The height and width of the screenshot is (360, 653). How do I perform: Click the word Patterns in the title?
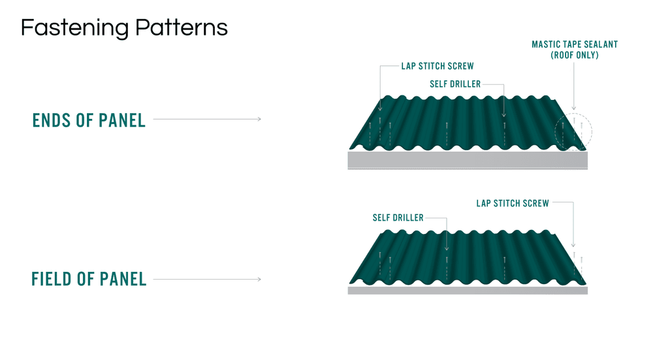pyautogui.click(x=181, y=27)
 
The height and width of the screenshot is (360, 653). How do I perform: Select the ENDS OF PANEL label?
pyautogui.click(x=89, y=120)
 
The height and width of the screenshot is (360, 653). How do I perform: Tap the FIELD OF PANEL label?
pyautogui.click(x=89, y=279)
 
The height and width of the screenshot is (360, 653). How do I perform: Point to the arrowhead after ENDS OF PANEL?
pyautogui.click(x=259, y=119)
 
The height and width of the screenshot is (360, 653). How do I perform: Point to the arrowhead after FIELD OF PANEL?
pyautogui.click(x=259, y=279)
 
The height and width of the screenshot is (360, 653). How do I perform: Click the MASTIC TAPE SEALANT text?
pyautogui.click(x=575, y=44)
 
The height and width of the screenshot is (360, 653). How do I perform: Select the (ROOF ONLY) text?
pyautogui.click(x=575, y=55)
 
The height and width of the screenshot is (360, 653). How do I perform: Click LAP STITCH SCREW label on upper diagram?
pyautogui.click(x=438, y=66)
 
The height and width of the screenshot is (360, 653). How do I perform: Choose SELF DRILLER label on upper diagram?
pyautogui.click(x=455, y=84)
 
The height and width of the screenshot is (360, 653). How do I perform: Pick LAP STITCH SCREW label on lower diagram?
pyautogui.click(x=513, y=203)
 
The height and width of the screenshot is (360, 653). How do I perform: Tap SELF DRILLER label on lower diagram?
pyautogui.click(x=398, y=218)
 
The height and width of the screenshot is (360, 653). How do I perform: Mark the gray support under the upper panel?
pyautogui.click(x=468, y=161)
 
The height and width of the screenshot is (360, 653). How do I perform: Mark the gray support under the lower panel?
pyautogui.click(x=468, y=290)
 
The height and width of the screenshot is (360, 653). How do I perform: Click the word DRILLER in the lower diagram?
pyautogui.click(x=408, y=218)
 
